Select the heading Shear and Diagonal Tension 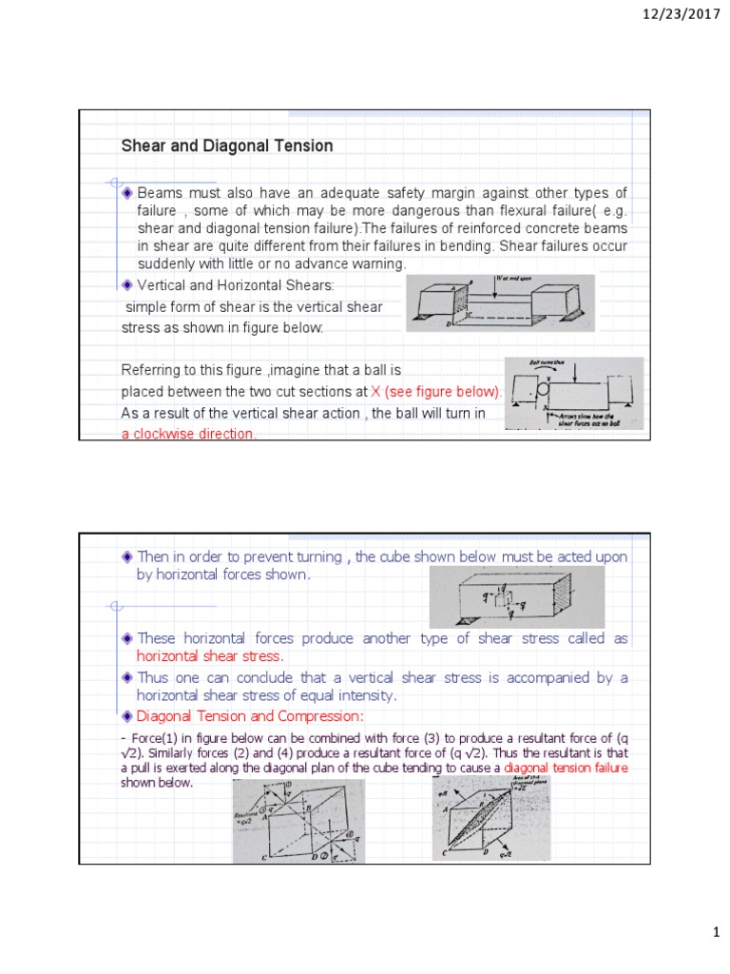pos(226,146)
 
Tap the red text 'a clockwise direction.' pos(188,434)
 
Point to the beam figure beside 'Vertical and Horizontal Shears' pos(500,302)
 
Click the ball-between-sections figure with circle pos(573,393)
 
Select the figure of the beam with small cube pos(516,596)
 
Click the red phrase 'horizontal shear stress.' pos(210,657)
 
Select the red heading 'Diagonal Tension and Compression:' pos(250,715)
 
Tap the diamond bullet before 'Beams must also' pos(127,193)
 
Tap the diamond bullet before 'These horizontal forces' pos(127,638)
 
